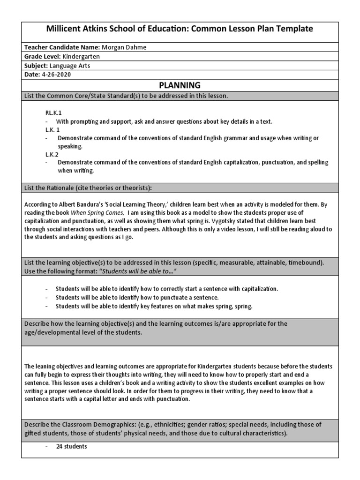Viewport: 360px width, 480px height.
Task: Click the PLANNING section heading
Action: (180, 85)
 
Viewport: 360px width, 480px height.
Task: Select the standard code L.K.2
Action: (51, 155)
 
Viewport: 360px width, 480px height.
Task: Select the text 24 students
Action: (71, 447)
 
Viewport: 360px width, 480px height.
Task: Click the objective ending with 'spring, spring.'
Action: (154, 306)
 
